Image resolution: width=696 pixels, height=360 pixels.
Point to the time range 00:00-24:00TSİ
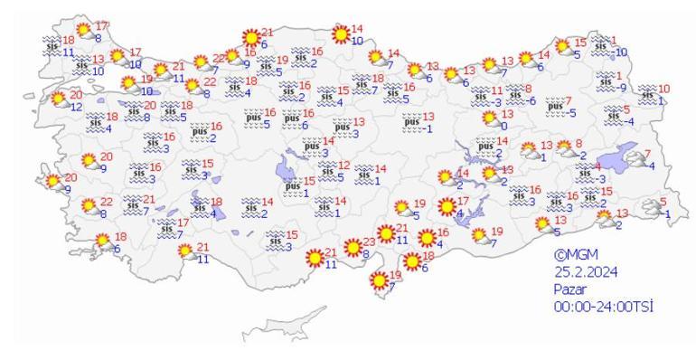[603, 307]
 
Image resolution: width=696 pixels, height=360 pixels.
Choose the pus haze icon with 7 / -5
[554, 106]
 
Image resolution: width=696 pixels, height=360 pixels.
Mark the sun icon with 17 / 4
[446, 207]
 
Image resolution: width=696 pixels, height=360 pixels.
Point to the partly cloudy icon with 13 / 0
[488, 121]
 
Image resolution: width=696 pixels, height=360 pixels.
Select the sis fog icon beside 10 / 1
[646, 93]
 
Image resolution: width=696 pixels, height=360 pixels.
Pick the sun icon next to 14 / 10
[341, 34]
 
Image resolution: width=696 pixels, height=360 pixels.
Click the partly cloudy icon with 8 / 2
[565, 148]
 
